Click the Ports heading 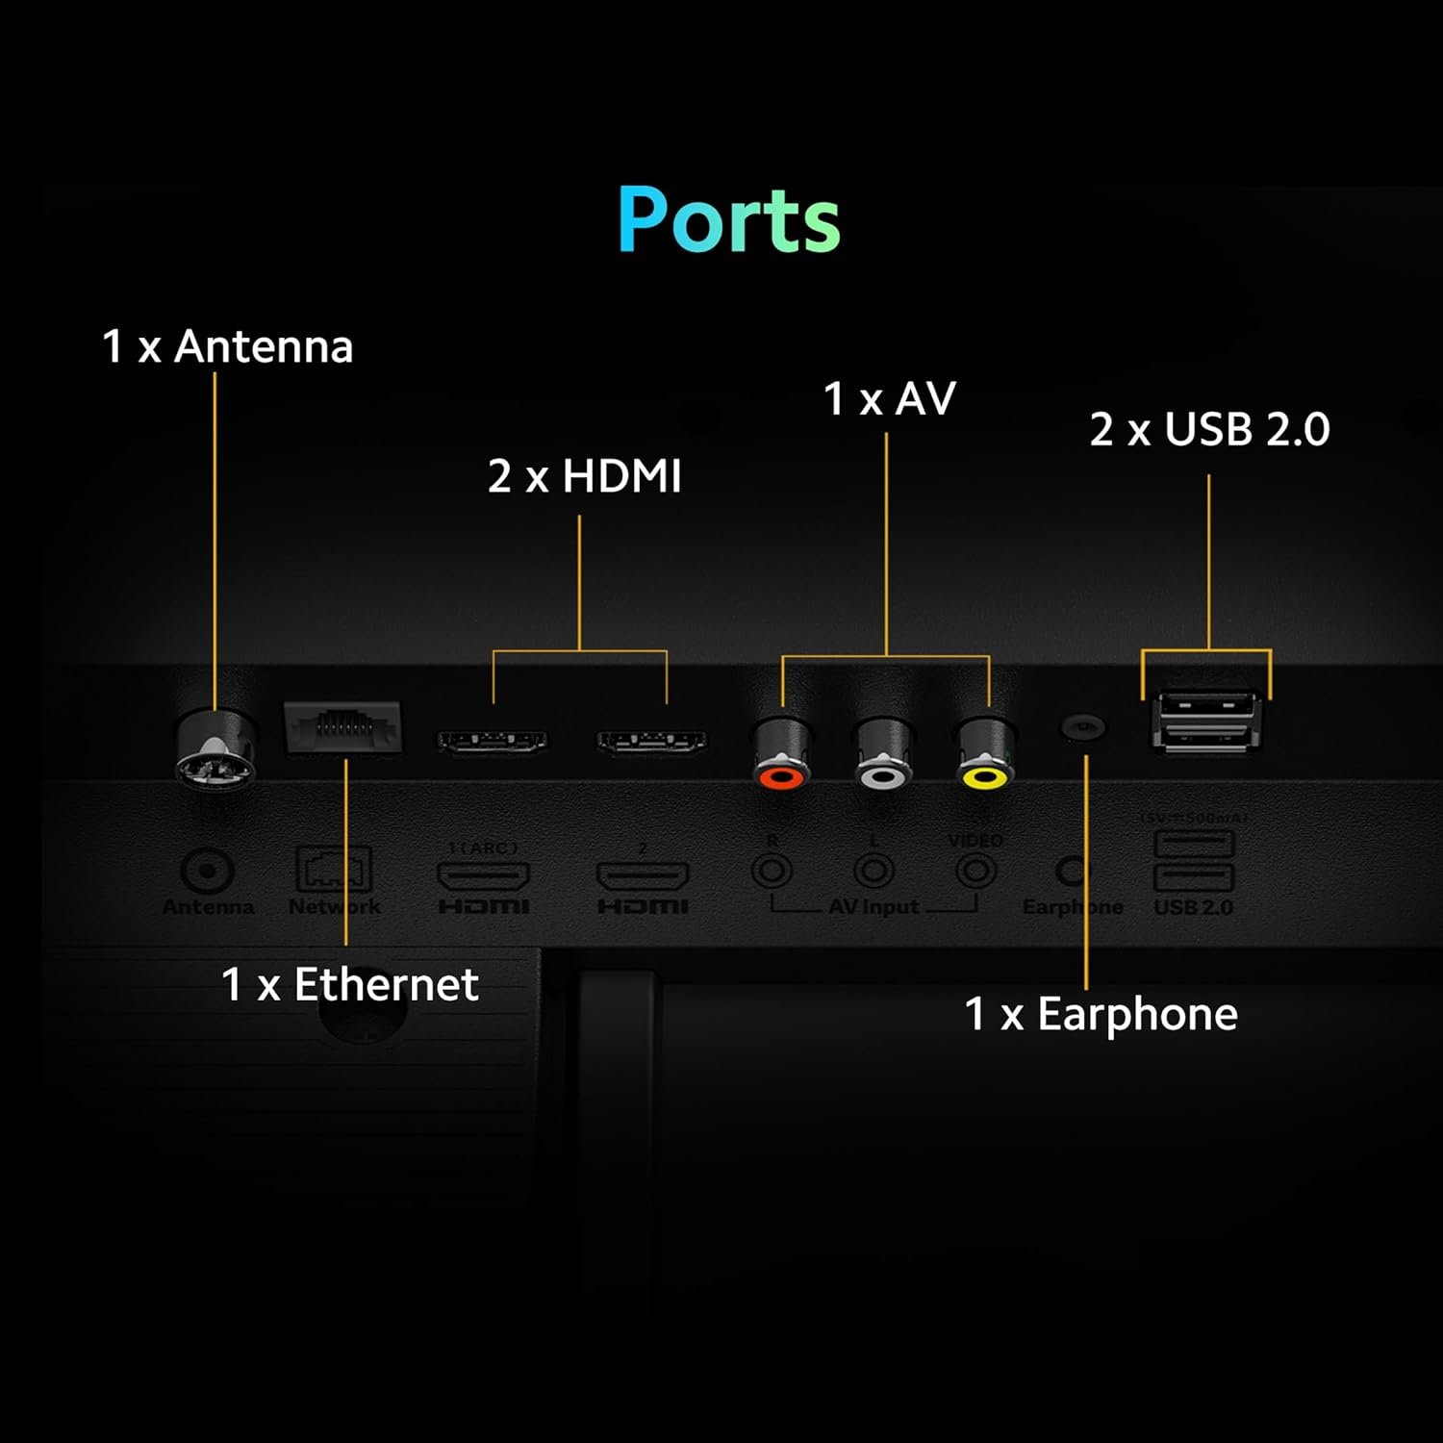point(728,219)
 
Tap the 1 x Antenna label point(228,346)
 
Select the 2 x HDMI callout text point(584,476)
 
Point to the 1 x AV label point(890,398)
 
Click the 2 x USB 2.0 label point(1209,429)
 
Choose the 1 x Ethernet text point(350,984)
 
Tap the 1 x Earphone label point(1101,1014)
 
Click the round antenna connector point(215,750)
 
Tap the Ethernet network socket point(342,726)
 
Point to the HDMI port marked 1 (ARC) point(493,742)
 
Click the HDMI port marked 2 point(651,742)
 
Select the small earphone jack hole point(1083,727)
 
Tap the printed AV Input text point(873,907)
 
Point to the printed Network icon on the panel point(334,869)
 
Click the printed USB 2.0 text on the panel point(1193,907)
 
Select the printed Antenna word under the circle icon point(208,907)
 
